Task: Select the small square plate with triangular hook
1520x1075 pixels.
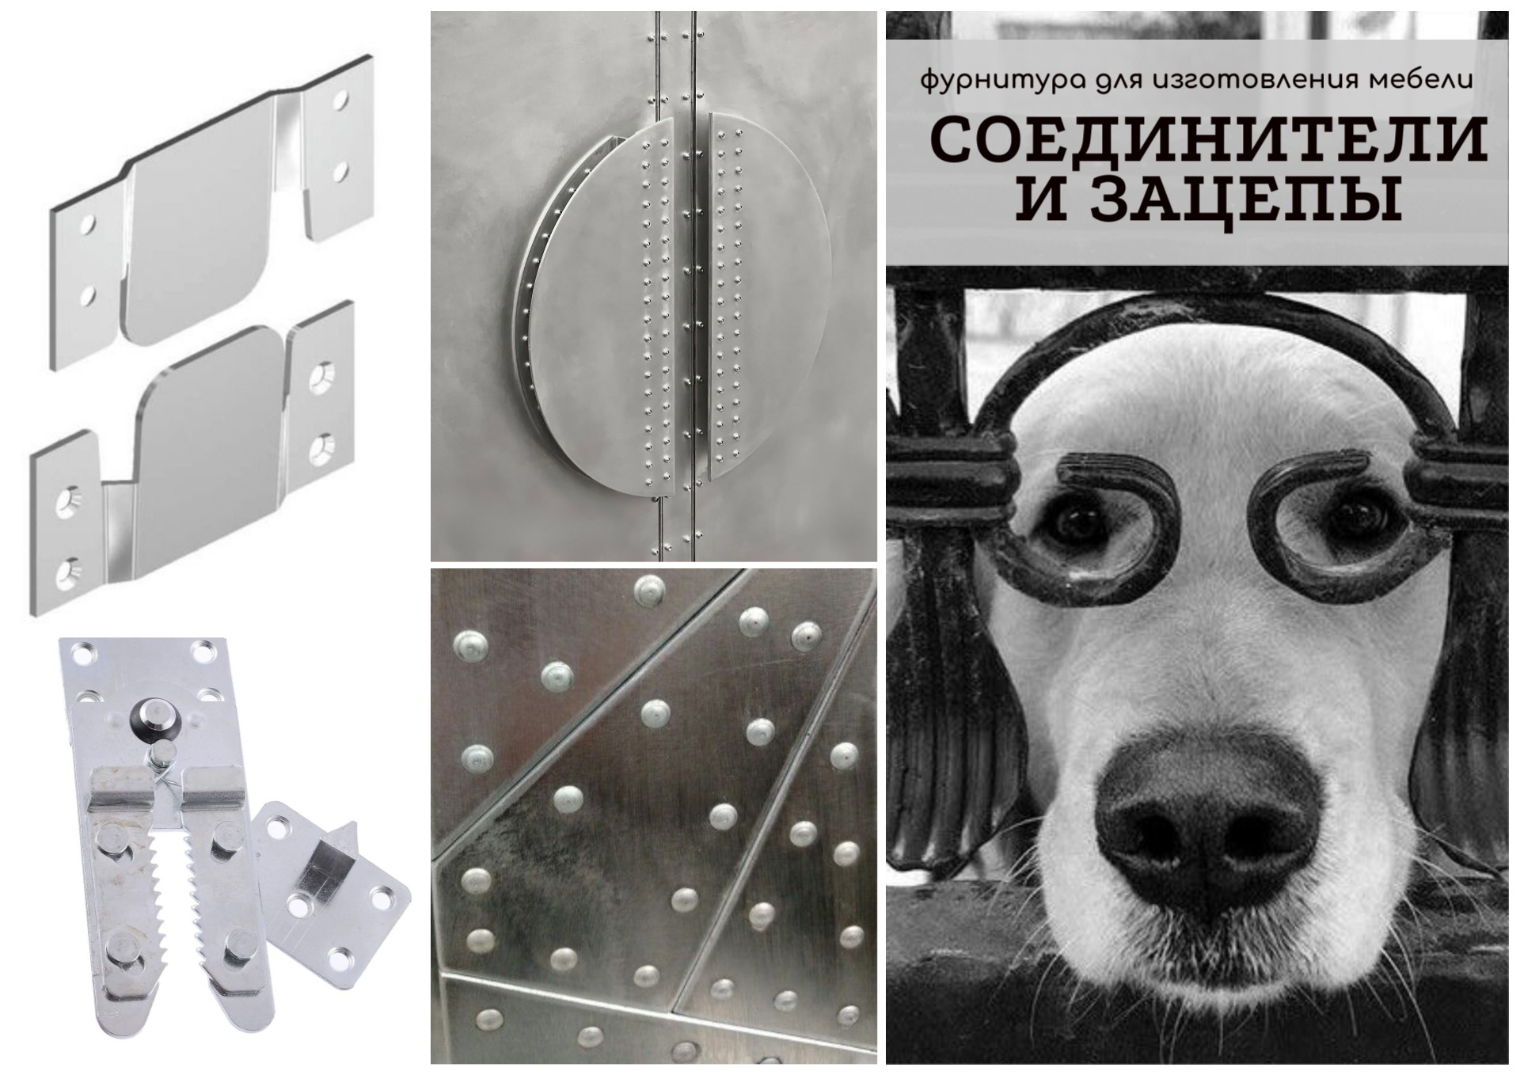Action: [333, 878]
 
